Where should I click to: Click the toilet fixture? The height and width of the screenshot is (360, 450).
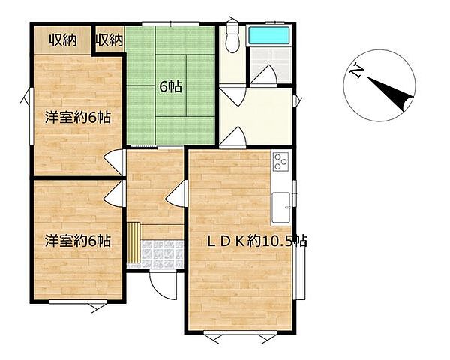coord(232,37)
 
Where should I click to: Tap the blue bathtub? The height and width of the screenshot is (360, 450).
coord(269,35)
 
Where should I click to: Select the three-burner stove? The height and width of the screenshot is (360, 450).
coord(280,162)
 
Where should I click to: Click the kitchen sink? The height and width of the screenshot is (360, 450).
coord(280,208)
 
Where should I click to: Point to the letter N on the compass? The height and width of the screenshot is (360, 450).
coord(356,70)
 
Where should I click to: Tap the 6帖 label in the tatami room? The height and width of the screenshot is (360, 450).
coord(170,87)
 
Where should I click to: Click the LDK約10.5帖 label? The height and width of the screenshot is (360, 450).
coord(257,241)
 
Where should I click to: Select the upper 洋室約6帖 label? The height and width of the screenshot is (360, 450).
coord(78,118)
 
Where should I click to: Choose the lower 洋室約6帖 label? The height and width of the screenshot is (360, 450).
coord(78,241)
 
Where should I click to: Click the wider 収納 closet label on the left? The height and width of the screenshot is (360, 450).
coord(62,40)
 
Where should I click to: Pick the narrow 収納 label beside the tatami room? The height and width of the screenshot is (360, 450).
coord(109,40)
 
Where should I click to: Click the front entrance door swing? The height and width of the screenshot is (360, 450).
coord(163,285)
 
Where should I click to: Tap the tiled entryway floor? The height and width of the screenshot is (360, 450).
coord(163,254)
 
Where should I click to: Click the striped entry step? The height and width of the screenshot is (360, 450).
coord(133,242)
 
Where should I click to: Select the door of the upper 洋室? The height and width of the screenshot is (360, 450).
coord(114,163)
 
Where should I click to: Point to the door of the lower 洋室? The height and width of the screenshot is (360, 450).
coord(114,193)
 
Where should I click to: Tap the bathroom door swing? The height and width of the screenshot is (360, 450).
coord(264,76)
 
